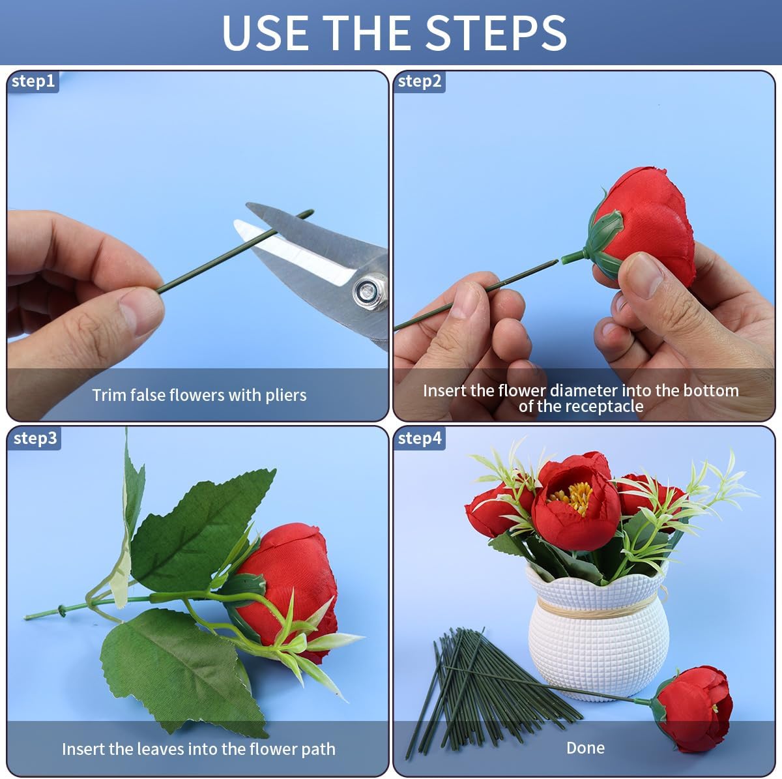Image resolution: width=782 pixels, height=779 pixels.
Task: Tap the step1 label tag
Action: (x=33, y=81)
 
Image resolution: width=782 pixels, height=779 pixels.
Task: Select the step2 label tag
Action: (x=419, y=81)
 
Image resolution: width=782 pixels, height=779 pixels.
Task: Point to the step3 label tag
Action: (x=35, y=438)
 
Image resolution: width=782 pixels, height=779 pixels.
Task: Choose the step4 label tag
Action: (x=419, y=438)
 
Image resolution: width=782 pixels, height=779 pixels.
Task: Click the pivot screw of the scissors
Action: (x=368, y=291)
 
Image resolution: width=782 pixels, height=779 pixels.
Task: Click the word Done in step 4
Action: (x=585, y=748)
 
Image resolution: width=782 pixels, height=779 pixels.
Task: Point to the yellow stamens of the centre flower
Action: (x=574, y=497)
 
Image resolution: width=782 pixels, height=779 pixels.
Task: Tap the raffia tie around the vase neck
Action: (x=596, y=608)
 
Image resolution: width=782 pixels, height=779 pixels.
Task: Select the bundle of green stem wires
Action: (x=483, y=694)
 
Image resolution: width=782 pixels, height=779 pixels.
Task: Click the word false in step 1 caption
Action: (x=148, y=394)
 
